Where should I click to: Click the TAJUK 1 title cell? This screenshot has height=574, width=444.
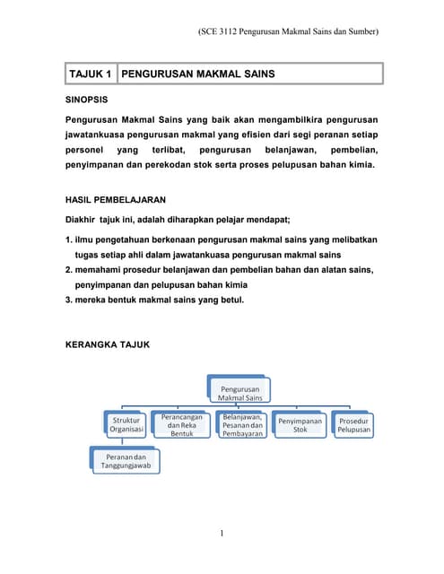(x=91, y=73)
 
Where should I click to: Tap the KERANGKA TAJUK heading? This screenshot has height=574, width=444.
(x=109, y=344)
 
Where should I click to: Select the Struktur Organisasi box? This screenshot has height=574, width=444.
(x=126, y=424)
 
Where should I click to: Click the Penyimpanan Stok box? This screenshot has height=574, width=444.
(x=300, y=424)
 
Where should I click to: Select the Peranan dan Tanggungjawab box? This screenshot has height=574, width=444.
(x=126, y=458)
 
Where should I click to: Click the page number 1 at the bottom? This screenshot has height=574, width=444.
(x=222, y=535)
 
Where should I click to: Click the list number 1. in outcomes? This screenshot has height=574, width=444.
(x=69, y=240)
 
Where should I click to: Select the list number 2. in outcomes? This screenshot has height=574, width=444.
(x=69, y=270)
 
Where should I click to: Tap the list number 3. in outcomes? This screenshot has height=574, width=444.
(x=69, y=299)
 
